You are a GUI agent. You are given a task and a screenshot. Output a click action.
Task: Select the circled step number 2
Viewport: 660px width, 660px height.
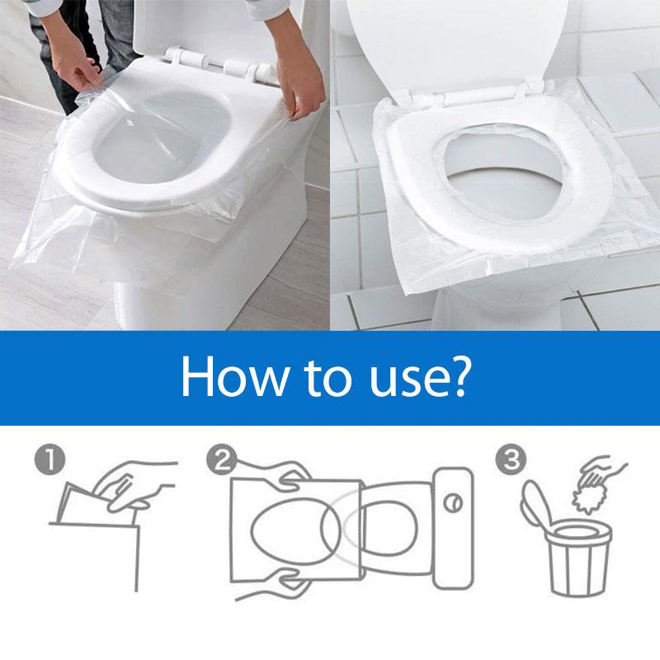(x=221, y=459)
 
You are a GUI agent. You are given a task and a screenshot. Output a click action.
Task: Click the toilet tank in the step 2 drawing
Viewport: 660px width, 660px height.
(x=452, y=528)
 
